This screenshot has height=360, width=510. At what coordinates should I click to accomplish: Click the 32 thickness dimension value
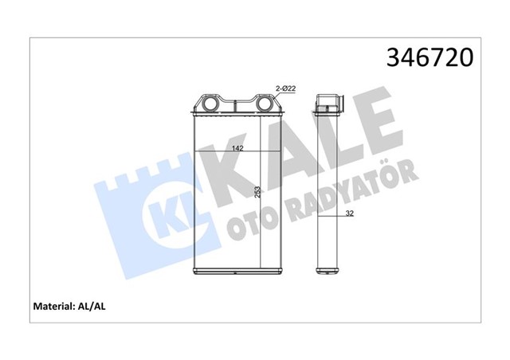point(350,213)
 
